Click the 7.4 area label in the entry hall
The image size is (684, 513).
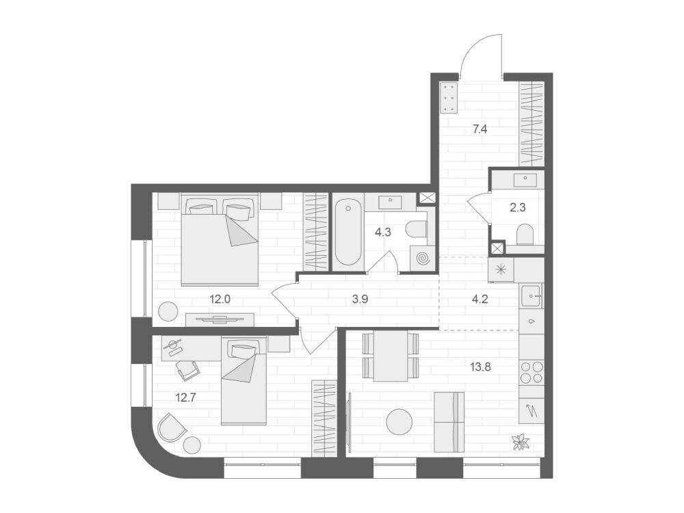[x=479, y=129]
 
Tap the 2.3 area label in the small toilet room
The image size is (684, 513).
[x=518, y=208]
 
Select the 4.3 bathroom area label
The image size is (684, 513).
[x=383, y=232]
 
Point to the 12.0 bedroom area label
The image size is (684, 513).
[x=220, y=300]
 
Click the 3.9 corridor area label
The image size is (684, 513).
[x=360, y=300]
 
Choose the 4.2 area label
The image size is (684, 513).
[x=480, y=300]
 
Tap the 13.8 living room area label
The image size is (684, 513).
[x=481, y=367]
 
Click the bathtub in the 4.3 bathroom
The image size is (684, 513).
[x=347, y=232]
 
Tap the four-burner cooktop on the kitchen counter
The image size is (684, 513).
[x=531, y=372]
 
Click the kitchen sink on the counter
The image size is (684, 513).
[x=531, y=295]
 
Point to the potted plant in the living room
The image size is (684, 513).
[x=521, y=441]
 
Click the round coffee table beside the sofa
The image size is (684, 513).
[x=399, y=422]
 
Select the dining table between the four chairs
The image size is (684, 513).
[x=391, y=356]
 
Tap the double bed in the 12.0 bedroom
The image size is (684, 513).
[x=220, y=240]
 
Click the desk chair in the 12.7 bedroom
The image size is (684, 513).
[x=189, y=370]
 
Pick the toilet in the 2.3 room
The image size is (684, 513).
[x=525, y=235]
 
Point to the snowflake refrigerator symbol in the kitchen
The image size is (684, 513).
[x=501, y=269]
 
